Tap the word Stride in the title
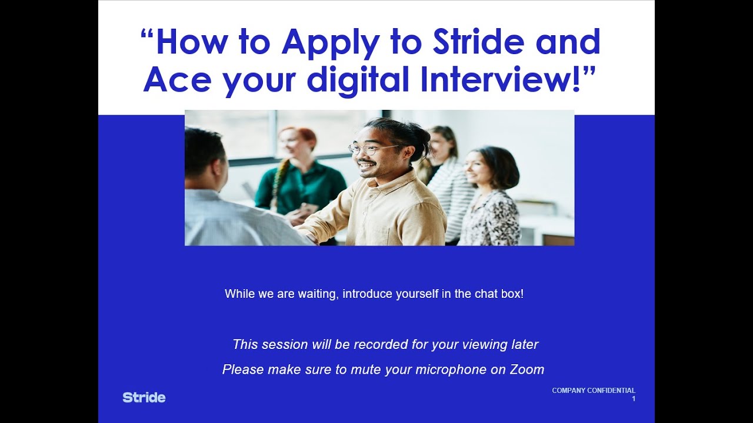click(x=477, y=42)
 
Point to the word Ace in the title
click(x=176, y=79)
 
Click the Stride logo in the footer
click(x=144, y=398)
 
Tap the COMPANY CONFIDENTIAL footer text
click(x=594, y=391)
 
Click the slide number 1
click(x=634, y=399)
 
